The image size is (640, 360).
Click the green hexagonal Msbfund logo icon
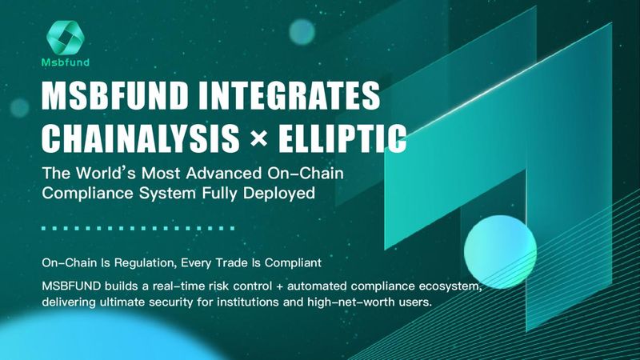click(x=66, y=37)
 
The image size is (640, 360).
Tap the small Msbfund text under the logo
click(x=66, y=62)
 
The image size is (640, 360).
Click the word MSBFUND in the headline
click(x=115, y=95)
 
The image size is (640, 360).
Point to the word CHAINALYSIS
click(x=141, y=138)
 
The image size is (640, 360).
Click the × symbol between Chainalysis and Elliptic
click(x=258, y=138)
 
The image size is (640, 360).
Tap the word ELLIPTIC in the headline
click(x=342, y=138)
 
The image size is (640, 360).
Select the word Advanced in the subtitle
click(x=223, y=173)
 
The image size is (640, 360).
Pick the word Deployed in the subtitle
click(x=278, y=193)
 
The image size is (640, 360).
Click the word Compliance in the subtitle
click(x=88, y=193)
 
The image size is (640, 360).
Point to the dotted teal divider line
click(x=138, y=229)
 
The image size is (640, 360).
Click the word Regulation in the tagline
click(x=145, y=263)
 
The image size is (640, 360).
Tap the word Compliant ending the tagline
click(x=293, y=263)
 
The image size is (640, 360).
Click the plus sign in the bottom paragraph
click(x=279, y=286)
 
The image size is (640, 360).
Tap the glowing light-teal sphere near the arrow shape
click(x=500, y=252)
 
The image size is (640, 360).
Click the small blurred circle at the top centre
click(x=302, y=32)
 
